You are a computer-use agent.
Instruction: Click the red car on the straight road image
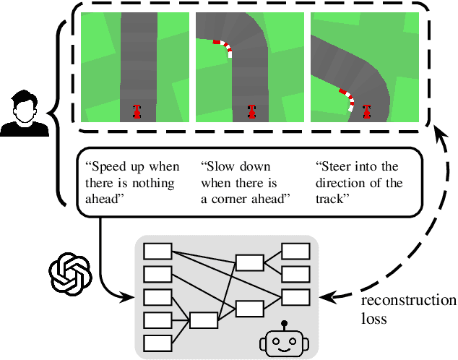[137, 111]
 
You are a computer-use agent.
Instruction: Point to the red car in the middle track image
[252, 111]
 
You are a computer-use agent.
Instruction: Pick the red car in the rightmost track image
[366, 111]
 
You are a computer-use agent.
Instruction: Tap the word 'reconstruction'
[408, 301]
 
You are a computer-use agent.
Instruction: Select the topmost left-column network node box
[157, 252]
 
